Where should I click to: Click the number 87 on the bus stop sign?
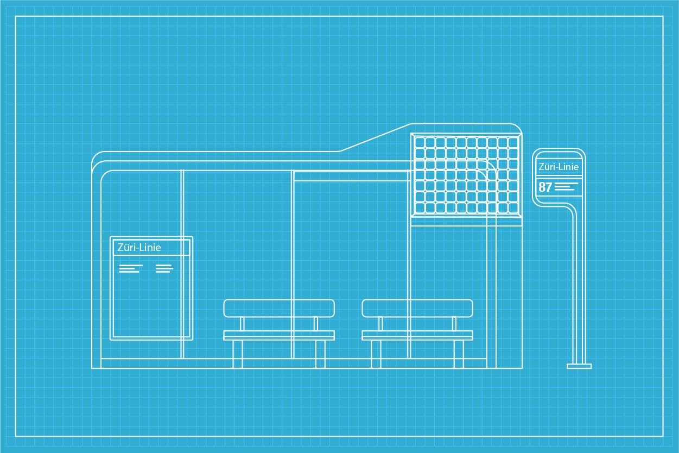(545, 187)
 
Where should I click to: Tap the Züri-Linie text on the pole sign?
(559, 167)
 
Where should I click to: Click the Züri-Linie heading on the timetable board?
(139, 248)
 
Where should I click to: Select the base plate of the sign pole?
(579, 367)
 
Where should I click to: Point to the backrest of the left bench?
(279, 309)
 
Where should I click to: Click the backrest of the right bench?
(417, 309)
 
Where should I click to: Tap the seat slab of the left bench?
(279, 335)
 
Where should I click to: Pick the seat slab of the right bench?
(417, 335)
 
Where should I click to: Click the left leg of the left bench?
(237, 354)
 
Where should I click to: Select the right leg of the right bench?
(459, 354)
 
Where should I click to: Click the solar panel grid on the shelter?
(466, 174)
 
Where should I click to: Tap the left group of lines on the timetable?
(131, 268)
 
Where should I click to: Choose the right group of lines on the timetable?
(164, 268)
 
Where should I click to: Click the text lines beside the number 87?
(566, 187)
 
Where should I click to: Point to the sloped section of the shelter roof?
(375, 137)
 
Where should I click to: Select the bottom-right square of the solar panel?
(513, 207)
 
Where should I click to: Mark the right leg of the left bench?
(320, 354)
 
